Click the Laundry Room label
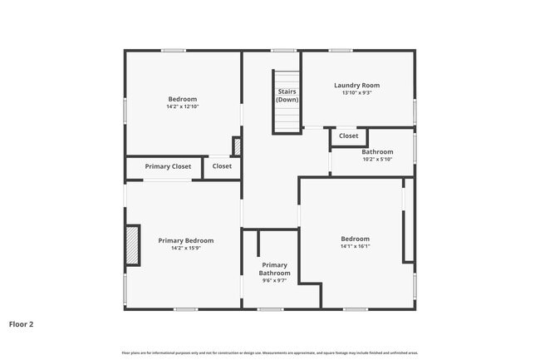coord(356,85)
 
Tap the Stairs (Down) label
coord(287,95)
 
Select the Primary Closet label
coord(168,166)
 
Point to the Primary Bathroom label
coord(274,269)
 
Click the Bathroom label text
coord(377,151)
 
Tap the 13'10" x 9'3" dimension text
coord(356,93)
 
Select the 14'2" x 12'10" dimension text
coord(183,106)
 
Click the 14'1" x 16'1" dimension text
coord(355,246)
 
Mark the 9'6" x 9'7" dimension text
coord(274,281)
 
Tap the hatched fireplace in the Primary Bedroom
coord(132,246)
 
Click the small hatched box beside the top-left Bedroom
coord(237,147)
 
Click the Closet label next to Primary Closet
coord(222,166)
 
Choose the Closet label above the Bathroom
coord(348,136)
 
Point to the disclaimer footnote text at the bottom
coord(270,353)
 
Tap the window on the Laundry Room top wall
coord(340,51)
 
